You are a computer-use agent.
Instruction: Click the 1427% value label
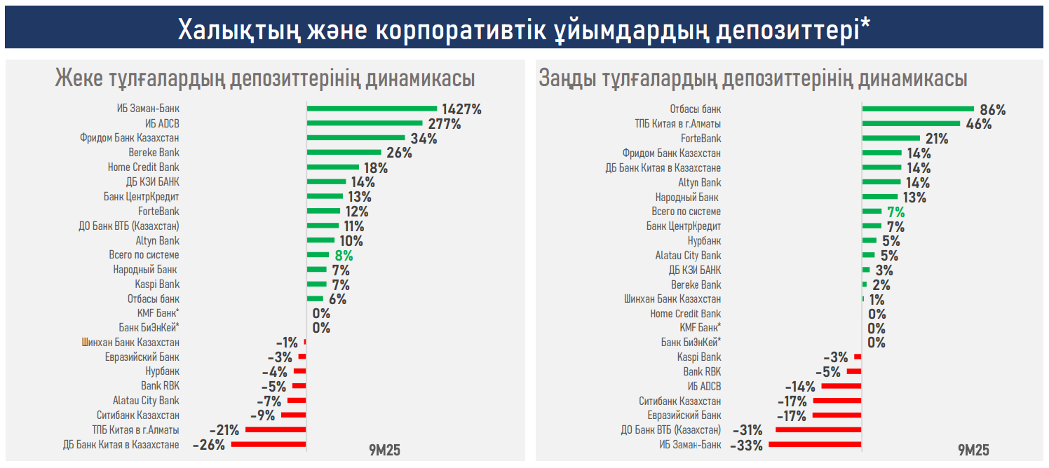(x=461, y=109)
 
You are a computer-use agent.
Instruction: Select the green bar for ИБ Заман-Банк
(x=372, y=109)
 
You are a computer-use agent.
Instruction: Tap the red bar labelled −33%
(x=815, y=445)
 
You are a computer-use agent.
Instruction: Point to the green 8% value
(x=344, y=256)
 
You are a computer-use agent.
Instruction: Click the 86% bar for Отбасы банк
(x=918, y=109)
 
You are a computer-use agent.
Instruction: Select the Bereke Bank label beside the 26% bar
(x=154, y=153)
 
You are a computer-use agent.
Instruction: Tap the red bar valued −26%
(x=269, y=445)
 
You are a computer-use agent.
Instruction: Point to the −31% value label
(x=747, y=430)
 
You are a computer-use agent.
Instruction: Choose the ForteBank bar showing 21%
(x=891, y=138)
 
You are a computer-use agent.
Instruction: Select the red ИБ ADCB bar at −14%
(x=841, y=386)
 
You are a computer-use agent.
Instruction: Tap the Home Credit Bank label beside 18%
(x=143, y=167)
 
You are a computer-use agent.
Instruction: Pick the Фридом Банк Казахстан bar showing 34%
(x=356, y=138)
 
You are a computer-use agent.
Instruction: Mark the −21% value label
(x=224, y=430)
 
